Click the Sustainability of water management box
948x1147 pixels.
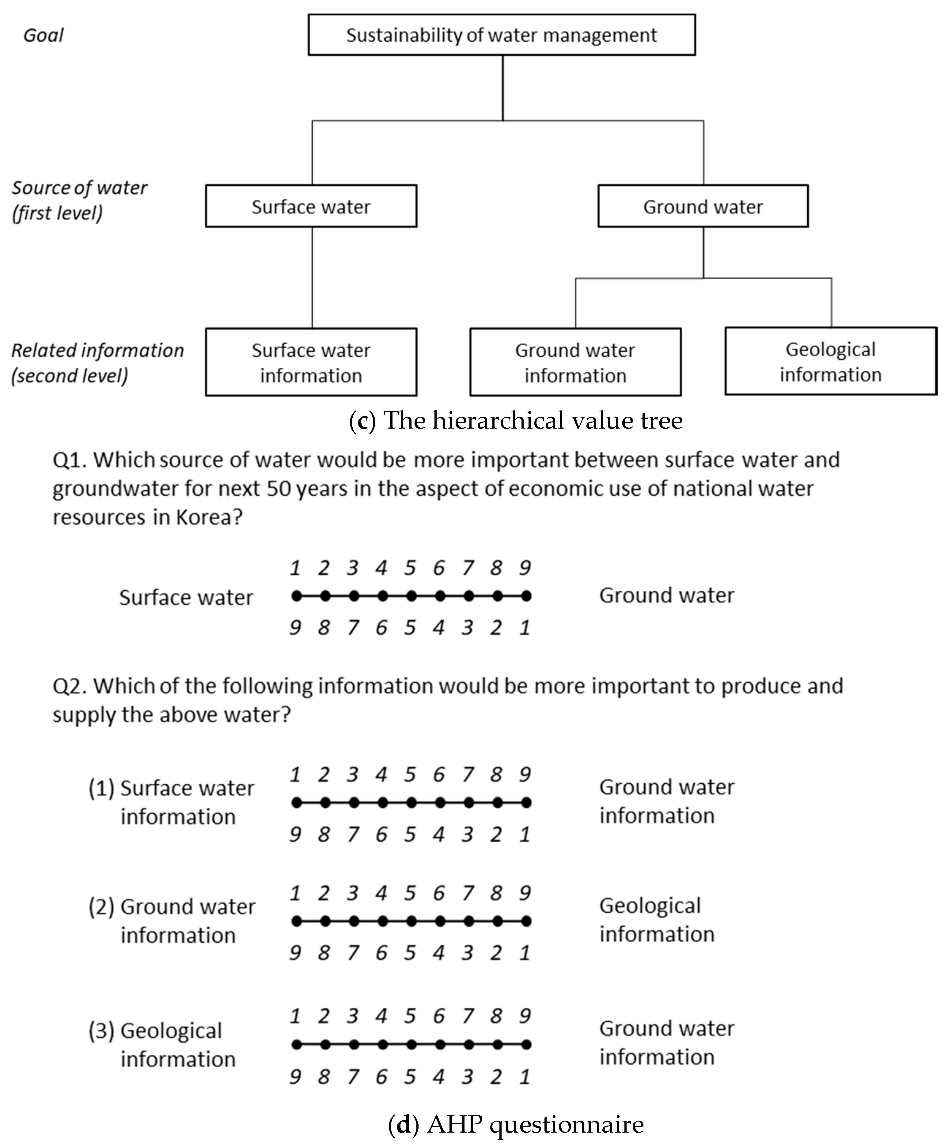point(501,35)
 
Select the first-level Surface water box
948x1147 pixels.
point(311,206)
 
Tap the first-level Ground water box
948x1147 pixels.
point(703,206)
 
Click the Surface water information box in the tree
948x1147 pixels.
point(311,362)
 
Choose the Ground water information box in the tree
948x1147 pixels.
point(575,362)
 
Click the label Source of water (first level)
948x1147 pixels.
point(79,200)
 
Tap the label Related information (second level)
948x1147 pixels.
point(97,362)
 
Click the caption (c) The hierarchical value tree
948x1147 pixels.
point(515,420)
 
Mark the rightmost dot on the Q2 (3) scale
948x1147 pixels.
point(526,1044)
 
